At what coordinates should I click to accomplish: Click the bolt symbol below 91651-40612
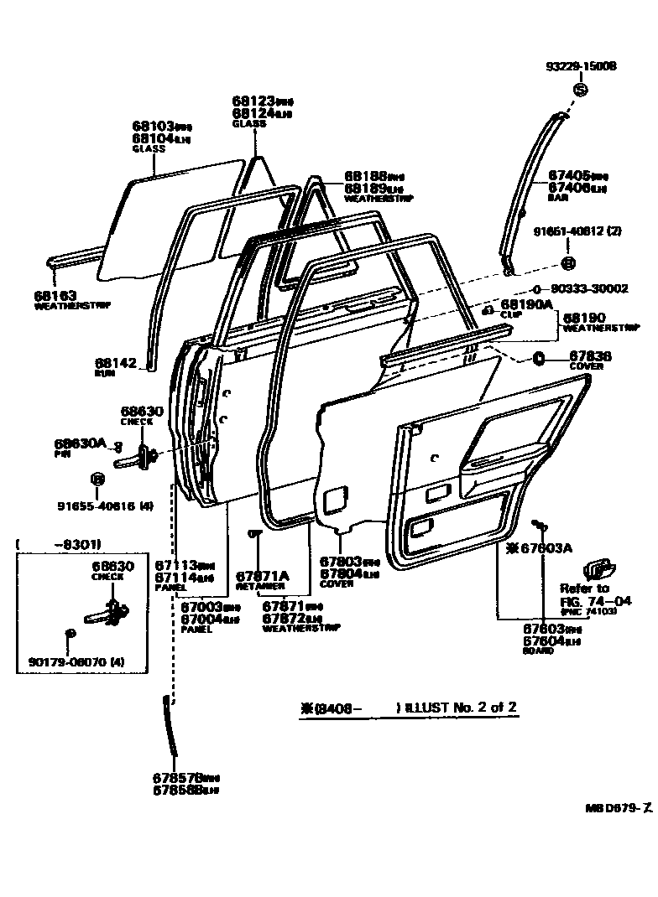[x=568, y=264]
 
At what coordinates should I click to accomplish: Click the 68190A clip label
[x=526, y=304]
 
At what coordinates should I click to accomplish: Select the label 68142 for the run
[x=116, y=362]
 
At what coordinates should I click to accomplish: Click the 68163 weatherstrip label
[x=55, y=295]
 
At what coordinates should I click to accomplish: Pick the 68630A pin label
[x=81, y=443]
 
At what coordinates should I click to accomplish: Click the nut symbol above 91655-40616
[x=96, y=480]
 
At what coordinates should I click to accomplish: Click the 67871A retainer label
[x=262, y=576]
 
